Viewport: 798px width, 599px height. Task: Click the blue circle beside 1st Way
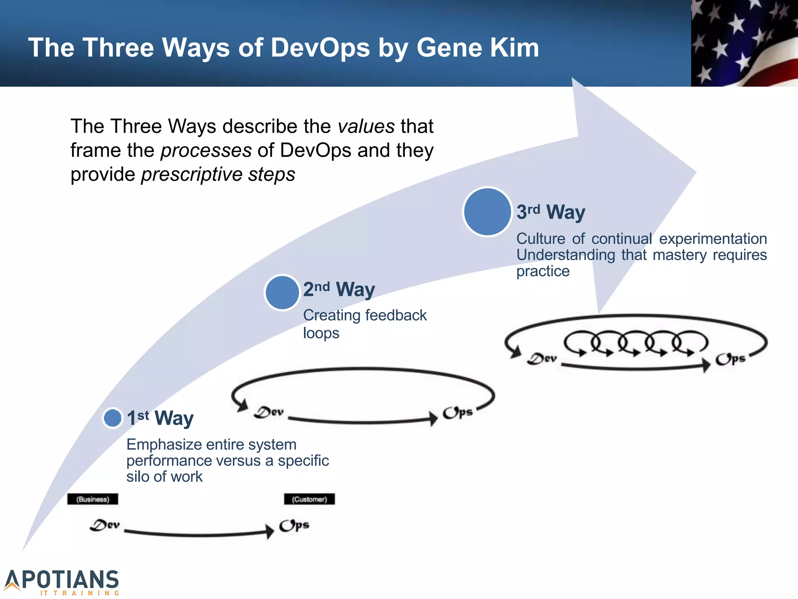pyautogui.click(x=113, y=418)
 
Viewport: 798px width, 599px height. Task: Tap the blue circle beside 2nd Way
pyautogui.click(x=282, y=292)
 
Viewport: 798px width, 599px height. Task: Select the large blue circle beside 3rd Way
pyautogui.click(x=487, y=212)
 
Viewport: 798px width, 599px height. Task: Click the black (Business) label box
pyautogui.click(x=93, y=499)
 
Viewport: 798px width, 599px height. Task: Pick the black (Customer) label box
pyautogui.click(x=309, y=499)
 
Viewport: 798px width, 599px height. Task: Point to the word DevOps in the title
pyautogui.click(x=320, y=48)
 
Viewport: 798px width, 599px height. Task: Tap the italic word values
pyautogui.click(x=366, y=126)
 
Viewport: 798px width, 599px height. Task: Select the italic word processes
pyautogui.click(x=206, y=151)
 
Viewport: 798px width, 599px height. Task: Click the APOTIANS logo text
pyautogui.click(x=62, y=580)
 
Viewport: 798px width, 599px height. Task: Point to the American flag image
pyautogui.click(x=744, y=43)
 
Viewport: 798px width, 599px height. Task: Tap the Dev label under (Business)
pyautogui.click(x=104, y=525)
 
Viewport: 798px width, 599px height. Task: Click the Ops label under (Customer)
pyautogui.click(x=294, y=525)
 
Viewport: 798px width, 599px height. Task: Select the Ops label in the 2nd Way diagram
pyautogui.click(x=457, y=412)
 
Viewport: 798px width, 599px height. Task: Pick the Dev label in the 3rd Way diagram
pyautogui.click(x=542, y=358)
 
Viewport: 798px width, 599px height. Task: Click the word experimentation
pyautogui.click(x=713, y=239)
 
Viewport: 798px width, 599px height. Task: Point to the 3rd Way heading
pyautogui.click(x=551, y=212)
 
